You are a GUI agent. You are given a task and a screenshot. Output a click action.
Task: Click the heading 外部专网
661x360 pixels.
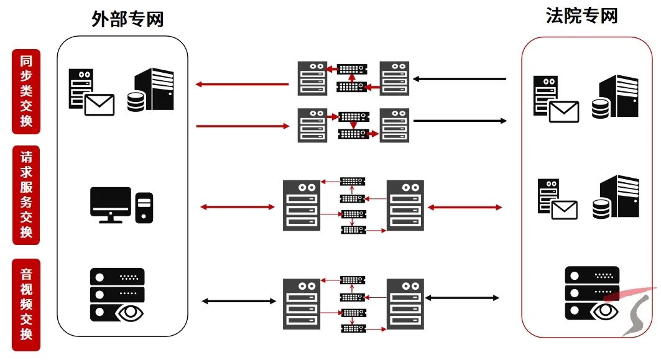(x=127, y=19)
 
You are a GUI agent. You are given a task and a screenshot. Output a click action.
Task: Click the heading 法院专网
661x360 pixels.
(x=581, y=16)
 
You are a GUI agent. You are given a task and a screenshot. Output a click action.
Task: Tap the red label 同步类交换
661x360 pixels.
(x=26, y=91)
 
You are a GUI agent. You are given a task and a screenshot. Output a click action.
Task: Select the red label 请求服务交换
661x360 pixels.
(x=26, y=195)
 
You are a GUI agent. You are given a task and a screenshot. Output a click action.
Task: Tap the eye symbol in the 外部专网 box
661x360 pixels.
(x=129, y=312)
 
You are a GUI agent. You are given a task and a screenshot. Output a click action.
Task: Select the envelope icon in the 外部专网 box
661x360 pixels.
(x=99, y=105)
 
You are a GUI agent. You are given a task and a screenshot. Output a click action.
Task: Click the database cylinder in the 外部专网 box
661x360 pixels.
(x=136, y=101)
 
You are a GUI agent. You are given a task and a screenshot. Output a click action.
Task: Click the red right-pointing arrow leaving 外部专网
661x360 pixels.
(x=243, y=126)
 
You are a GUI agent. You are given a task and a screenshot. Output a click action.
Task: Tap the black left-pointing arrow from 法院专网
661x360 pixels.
(x=460, y=79)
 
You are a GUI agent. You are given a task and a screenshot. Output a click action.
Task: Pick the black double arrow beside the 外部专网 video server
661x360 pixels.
(x=239, y=302)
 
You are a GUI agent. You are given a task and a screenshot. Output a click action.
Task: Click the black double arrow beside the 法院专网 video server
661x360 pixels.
(x=462, y=298)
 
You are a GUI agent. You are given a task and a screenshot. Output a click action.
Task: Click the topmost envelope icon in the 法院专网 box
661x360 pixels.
(x=563, y=111)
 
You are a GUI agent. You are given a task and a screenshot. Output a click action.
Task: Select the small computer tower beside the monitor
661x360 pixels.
(x=144, y=208)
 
